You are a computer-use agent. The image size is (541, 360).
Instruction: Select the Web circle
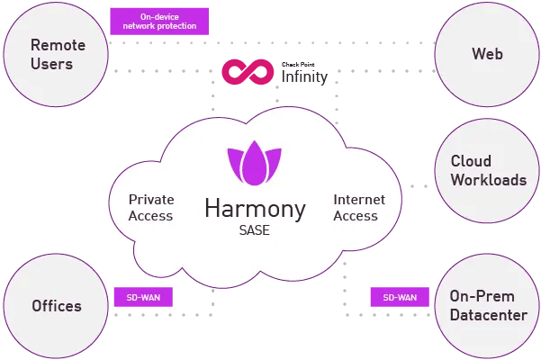pos(487,54)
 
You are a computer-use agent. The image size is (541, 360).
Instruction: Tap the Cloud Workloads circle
pos(488,171)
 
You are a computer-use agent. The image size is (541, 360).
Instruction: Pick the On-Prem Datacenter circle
pos(487,306)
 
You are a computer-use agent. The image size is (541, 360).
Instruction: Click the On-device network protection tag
pos(158,22)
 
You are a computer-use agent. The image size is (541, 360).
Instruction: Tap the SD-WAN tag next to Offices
pos(143,297)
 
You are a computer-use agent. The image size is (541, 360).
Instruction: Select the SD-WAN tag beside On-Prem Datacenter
pos(400,297)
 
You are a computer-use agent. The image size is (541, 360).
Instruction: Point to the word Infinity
pos(304,77)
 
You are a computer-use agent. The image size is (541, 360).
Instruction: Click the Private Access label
pos(150,208)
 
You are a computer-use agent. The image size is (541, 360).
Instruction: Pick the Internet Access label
pos(359,208)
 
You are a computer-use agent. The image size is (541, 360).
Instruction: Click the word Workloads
pos(489,180)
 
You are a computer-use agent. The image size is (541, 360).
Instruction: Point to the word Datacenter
pos(488,314)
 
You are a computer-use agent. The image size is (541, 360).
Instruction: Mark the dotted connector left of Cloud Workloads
pos(419,186)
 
